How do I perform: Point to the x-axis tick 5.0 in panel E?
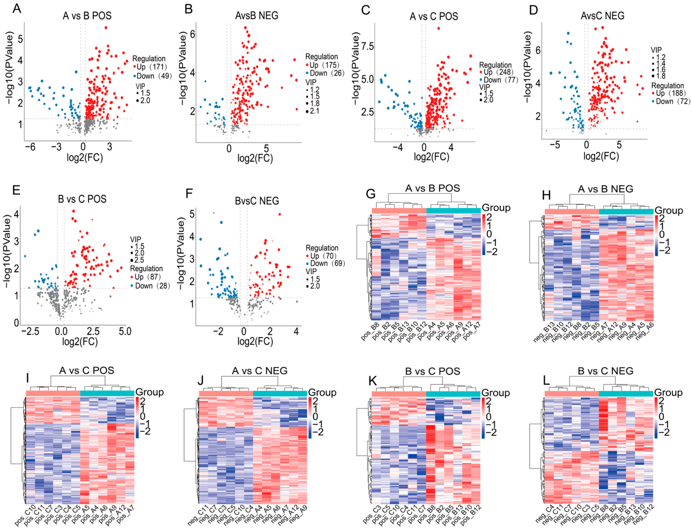[x=125, y=332]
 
